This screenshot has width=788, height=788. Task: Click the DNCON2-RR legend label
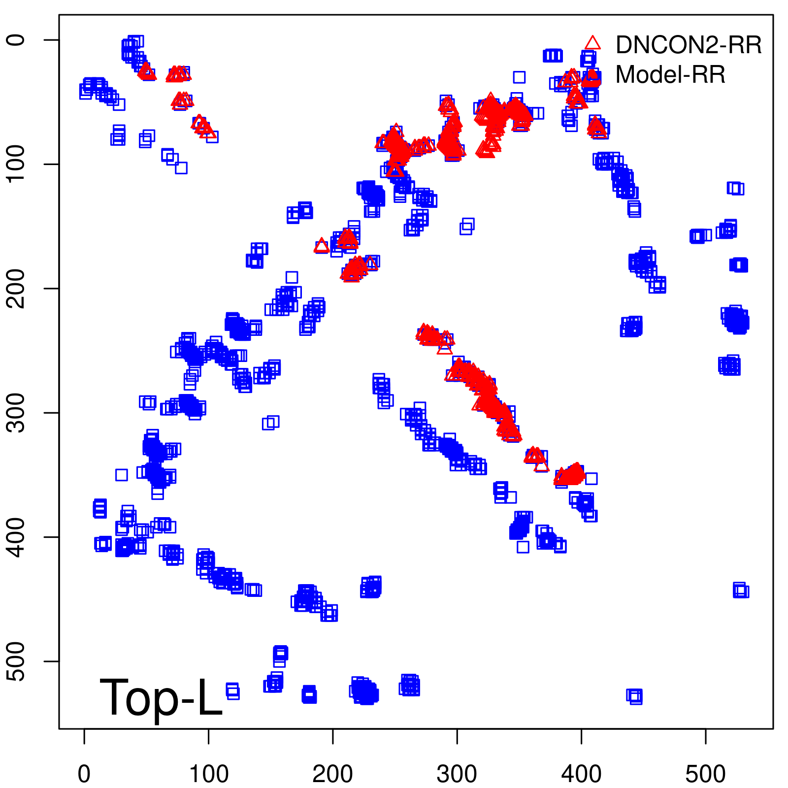[x=688, y=45]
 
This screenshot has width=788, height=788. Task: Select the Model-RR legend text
[x=670, y=75]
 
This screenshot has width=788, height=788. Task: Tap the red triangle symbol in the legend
[x=592, y=43]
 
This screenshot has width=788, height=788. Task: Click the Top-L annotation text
[x=161, y=697]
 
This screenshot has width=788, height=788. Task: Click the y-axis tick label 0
[x=17, y=40]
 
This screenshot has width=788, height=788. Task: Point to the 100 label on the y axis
[x=17, y=164]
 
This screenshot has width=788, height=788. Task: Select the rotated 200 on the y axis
[x=17, y=289]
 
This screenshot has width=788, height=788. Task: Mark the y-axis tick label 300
[x=17, y=413]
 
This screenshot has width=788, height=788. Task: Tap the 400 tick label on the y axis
[x=17, y=537]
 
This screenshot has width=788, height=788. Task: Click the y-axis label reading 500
[x=17, y=661]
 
